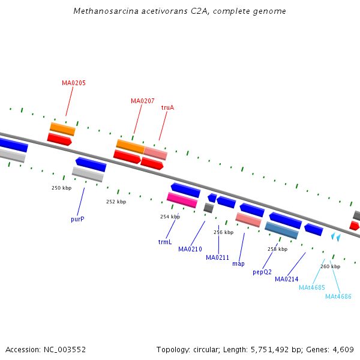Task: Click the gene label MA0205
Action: [x=74, y=83]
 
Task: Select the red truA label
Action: [x=167, y=107]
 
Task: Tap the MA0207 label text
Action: [x=143, y=101]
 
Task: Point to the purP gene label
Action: [x=77, y=219]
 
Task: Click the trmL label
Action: [x=165, y=242]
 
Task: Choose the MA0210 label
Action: [x=190, y=249]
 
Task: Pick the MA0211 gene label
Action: [x=218, y=257]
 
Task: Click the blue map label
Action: [x=238, y=263]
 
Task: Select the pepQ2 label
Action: [x=262, y=272]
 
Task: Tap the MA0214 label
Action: [x=287, y=279]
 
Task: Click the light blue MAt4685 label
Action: [x=312, y=287]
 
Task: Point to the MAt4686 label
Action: [x=338, y=296]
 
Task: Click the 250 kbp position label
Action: [x=61, y=188]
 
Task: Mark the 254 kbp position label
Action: [x=170, y=217]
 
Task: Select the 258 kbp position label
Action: [x=277, y=249]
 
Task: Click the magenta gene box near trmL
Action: [x=182, y=200]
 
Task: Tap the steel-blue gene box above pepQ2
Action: [x=281, y=230]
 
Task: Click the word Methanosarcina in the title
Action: [x=102, y=11]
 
